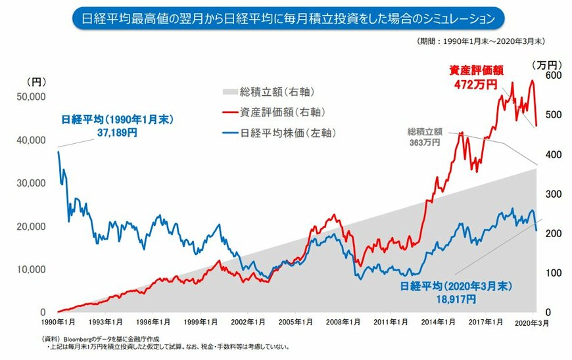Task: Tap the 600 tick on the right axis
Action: [x=552, y=76]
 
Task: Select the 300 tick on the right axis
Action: [x=552, y=194]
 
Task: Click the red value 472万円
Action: [x=471, y=84]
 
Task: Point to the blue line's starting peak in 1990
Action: [x=59, y=152]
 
